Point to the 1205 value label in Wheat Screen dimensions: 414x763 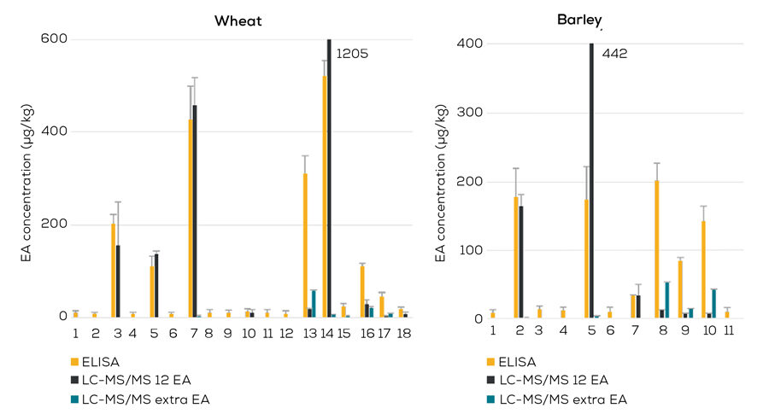point(351,53)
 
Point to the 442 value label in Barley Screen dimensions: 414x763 point(614,53)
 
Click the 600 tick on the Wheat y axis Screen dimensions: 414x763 point(54,39)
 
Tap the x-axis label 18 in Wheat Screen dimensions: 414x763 point(402,331)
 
